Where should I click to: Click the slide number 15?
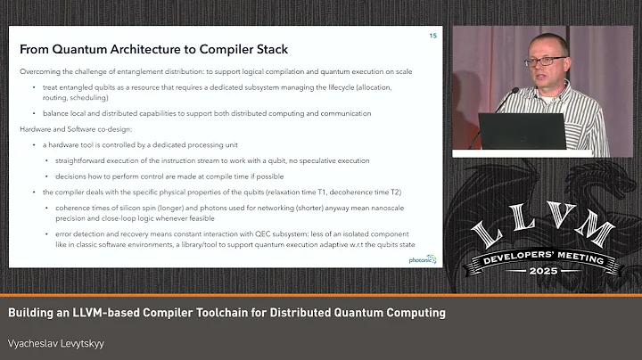pos(432,36)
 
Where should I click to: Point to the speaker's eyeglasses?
pos(545,61)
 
